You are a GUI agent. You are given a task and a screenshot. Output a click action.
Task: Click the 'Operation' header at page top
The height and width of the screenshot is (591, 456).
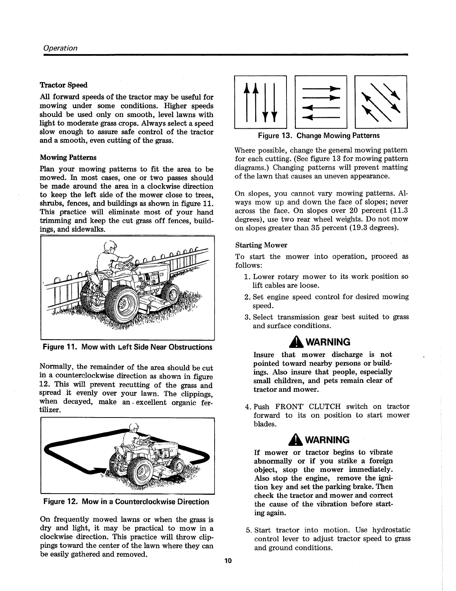click(x=60, y=48)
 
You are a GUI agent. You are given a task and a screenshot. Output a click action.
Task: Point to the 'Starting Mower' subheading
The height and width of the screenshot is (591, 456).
click(x=261, y=245)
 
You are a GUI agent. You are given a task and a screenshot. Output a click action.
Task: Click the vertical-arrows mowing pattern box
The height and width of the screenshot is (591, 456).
click(x=260, y=101)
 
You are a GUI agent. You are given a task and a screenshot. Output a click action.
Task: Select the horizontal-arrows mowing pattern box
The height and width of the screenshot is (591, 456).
click(x=321, y=101)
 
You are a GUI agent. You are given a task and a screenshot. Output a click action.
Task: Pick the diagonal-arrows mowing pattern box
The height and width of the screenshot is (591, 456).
click(x=381, y=101)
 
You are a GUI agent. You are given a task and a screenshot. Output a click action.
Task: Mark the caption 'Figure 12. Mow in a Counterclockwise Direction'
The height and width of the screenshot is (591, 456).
click(x=126, y=502)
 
